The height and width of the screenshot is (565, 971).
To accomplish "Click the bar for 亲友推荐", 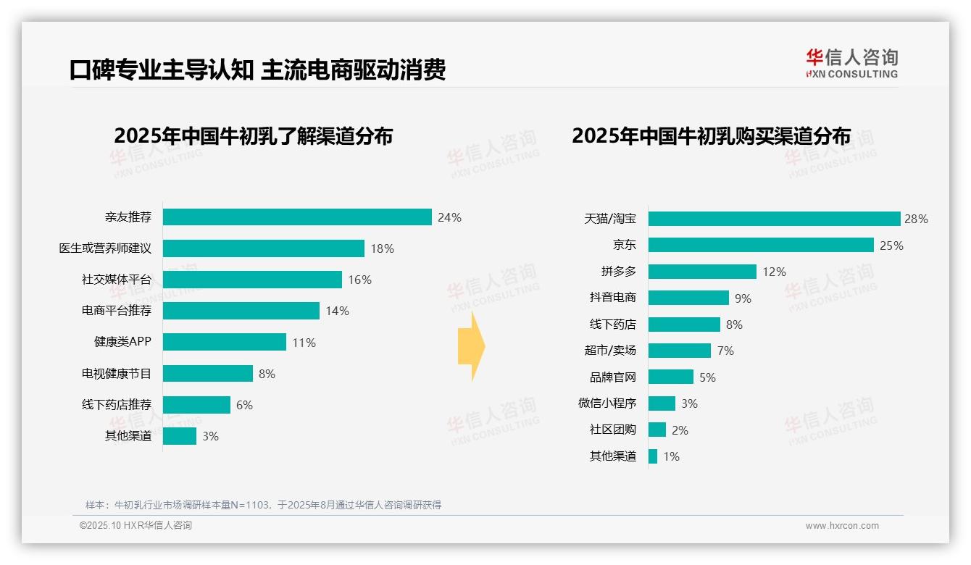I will point(297,217).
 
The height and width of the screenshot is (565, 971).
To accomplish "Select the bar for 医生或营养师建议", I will point(263,248).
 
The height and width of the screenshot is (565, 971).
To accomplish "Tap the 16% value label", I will point(359,280).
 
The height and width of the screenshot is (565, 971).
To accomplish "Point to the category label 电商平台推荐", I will point(117,311).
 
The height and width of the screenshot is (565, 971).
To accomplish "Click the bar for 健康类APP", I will point(225,342).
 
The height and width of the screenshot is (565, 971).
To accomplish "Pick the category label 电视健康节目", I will point(117,374).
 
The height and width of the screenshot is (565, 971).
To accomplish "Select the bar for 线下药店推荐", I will point(196,405).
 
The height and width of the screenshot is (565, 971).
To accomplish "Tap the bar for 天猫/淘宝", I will point(774,219).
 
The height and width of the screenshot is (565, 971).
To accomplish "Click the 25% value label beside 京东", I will point(891,246).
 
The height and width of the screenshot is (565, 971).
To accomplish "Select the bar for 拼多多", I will point(702,272).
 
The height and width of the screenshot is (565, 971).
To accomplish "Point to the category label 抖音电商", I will point(613,298).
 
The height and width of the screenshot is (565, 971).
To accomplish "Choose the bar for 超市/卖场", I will point(680,351).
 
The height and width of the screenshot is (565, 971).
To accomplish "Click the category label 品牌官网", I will point(613,377).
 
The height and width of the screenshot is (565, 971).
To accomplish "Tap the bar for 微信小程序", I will point(662,403).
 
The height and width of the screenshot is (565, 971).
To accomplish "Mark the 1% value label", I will point(671,456).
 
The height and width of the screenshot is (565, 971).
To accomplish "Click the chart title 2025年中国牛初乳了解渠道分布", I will point(253,135).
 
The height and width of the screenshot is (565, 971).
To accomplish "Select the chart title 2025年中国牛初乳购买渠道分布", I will point(711,135).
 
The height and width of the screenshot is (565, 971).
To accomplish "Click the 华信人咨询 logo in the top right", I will point(851,63).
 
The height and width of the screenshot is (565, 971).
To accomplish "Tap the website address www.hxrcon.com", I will point(842,526).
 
